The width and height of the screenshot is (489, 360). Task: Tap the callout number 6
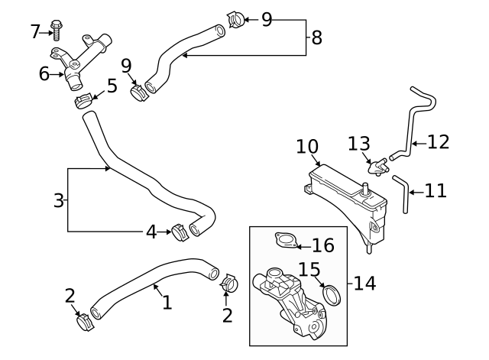click(x=44, y=74)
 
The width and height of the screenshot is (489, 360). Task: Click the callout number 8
click(x=316, y=37)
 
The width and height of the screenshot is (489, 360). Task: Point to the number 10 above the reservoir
click(x=307, y=146)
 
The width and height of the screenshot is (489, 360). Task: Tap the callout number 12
click(x=438, y=141)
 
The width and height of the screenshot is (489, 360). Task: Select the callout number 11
click(x=435, y=190)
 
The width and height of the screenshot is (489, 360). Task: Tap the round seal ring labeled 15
click(x=332, y=294)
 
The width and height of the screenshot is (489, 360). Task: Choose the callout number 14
click(x=364, y=284)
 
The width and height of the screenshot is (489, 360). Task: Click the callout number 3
click(x=58, y=201)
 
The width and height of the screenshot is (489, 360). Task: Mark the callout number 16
click(x=323, y=245)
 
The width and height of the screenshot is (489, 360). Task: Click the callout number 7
click(x=35, y=31)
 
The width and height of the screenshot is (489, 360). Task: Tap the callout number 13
click(x=359, y=144)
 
